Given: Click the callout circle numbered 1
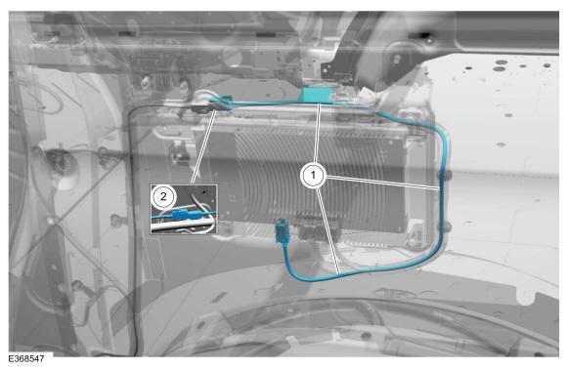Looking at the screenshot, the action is pos(314,176).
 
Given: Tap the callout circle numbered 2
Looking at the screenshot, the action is pos(163,197).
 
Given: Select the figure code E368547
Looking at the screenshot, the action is pos(26,359).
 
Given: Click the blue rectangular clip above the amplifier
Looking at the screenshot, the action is pos(316,95).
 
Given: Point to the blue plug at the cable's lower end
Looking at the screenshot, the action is pos(282,232).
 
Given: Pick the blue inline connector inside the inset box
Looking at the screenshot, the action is pos(185,215).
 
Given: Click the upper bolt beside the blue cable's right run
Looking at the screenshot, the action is pos(445,176).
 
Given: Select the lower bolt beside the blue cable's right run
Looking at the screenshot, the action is pos(446,227).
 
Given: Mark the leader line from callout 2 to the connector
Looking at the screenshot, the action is pos(203,147).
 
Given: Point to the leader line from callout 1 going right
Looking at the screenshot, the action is pos(383,183).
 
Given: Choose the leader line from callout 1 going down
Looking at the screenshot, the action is pos(328,231).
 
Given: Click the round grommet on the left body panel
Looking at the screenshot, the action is pos(62,164).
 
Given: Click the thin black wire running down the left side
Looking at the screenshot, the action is pos(132,231).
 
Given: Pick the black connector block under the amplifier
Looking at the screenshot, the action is pos(318,227).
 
